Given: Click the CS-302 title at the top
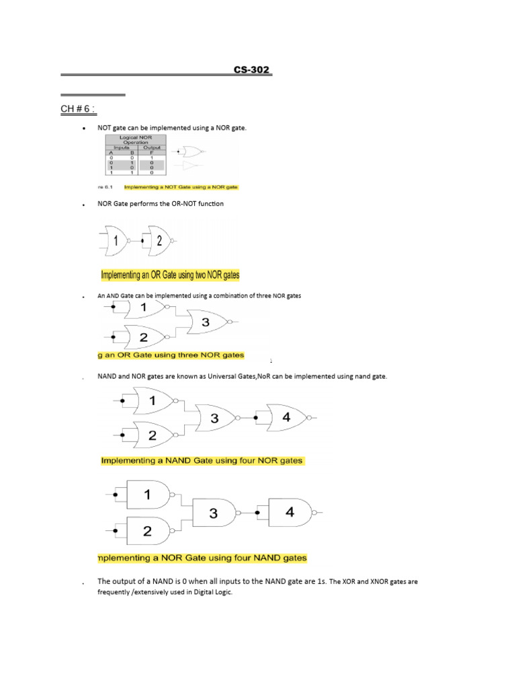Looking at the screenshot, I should point(253,71).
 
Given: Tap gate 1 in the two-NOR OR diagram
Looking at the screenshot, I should point(116,240).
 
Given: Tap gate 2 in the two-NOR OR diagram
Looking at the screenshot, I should point(159,240).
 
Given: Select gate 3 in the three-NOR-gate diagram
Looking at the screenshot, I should point(206,323).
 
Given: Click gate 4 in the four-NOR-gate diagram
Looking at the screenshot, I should point(287,417).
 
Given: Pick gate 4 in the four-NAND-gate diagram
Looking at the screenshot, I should point(290,512).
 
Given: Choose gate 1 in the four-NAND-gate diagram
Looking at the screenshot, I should point(148,495).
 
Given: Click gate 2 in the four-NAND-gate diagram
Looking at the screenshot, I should point(148,531).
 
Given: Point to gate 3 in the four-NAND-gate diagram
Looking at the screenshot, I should point(213,513).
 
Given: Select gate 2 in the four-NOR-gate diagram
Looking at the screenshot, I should point(153,435).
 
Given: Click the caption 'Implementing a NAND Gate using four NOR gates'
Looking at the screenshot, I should point(202,461).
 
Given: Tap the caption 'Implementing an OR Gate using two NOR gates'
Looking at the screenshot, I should point(170,275).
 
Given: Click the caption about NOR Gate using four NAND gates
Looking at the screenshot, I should point(202,558).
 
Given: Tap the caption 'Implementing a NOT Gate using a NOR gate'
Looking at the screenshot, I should point(181,186).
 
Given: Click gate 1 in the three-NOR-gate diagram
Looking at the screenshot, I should point(143,308).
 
